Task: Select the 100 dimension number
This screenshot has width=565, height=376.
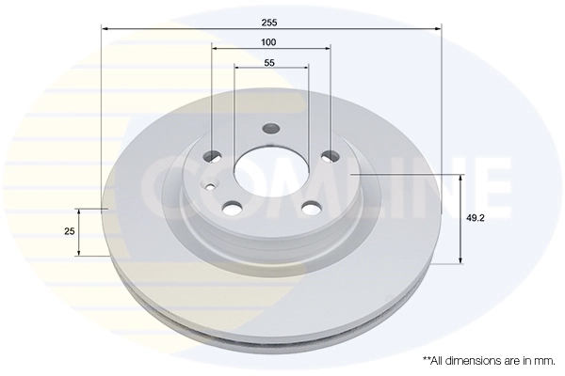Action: point(270,42)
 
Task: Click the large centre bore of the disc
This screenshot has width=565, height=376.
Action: point(271,174)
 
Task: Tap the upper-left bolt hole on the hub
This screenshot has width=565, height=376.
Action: point(214,156)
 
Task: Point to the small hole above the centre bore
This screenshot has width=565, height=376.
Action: point(271,130)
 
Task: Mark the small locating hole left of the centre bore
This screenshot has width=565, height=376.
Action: point(208,186)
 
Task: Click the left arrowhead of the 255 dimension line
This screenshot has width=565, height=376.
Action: point(104,29)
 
